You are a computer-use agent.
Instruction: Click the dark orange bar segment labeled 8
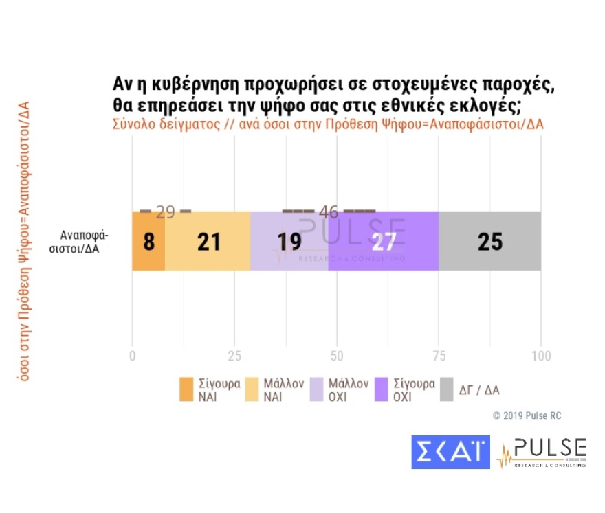(x=148, y=241)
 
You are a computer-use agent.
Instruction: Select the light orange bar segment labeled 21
(x=208, y=241)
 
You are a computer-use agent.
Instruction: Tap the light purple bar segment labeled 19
(x=289, y=241)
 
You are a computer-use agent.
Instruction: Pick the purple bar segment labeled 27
(x=384, y=241)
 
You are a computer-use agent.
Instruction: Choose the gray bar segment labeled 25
(x=489, y=241)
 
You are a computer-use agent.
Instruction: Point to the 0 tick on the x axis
(x=132, y=356)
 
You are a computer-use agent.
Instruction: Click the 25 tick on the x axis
(x=234, y=356)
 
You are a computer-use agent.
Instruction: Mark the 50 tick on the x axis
(x=337, y=356)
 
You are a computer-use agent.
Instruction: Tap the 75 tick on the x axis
(x=439, y=356)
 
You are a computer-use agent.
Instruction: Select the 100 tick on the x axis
(x=541, y=356)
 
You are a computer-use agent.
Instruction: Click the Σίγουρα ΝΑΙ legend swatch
(x=186, y=389)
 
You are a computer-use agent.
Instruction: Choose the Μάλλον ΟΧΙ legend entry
(x=340, y=389)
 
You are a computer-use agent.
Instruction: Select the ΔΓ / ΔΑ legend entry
(x=469, y=389)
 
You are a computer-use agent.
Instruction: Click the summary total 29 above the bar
(x=165, y=212)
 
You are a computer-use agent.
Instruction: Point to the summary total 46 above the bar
(x=329, y=212)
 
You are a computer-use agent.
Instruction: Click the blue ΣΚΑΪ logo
(x=450, y=452)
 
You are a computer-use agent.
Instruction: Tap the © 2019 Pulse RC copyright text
(x=527, y=415)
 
